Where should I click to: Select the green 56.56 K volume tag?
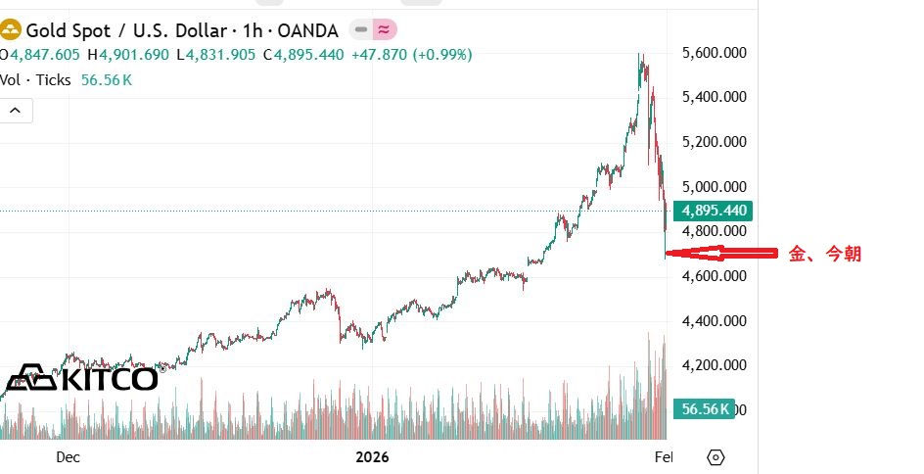[704, 409]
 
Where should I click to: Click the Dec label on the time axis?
[68, 456]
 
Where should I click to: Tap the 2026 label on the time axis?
[372, 456]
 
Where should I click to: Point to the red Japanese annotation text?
[825, 254]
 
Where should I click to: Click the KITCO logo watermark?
[82, 379]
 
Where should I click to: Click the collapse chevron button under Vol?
[16, 111]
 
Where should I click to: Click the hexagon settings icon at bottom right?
[716, 457]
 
